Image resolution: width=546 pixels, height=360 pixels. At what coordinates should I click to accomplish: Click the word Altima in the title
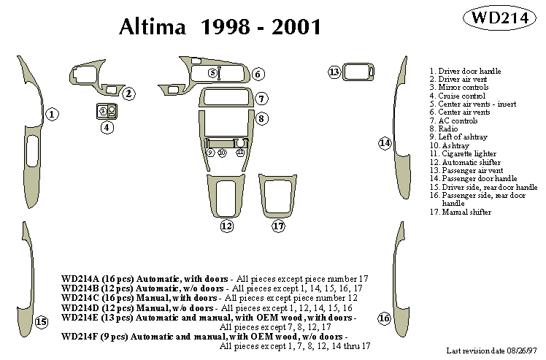pyautogui.click(x=154, y=27)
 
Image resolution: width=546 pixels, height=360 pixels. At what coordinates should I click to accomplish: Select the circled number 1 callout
pyautogui.click(x=53, y=114)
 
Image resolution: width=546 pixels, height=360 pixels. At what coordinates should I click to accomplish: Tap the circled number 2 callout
pyautogui.click(x=128, y=93)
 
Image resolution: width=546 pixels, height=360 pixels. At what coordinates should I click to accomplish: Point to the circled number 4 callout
pyautogui.click(x=107, y=128)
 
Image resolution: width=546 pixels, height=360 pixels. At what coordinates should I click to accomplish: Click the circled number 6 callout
pyautogui.click(x=258, y=74)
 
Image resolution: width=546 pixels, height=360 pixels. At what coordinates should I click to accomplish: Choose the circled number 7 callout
pyautogui.click(x=261, y=99)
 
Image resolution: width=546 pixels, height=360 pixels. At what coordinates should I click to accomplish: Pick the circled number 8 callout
pyautogui.click(x=261, y=118)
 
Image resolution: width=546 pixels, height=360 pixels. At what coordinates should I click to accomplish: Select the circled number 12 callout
pyautogui.click(x=227, y=226)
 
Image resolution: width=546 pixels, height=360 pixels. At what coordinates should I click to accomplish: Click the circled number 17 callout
pyautogui.click(x=278, y=226)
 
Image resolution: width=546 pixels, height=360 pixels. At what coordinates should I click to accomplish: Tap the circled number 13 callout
pyautogui.click(x=334, y=72)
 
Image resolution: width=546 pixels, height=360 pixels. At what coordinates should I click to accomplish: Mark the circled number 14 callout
pyautogui.click(x=385, y=143)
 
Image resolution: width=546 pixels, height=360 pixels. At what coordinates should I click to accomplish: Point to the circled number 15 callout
pyautogui.click(x=42, y=322)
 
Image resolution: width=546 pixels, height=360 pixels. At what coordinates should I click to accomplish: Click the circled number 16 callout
pyautogui.click(x=384, y=318)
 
